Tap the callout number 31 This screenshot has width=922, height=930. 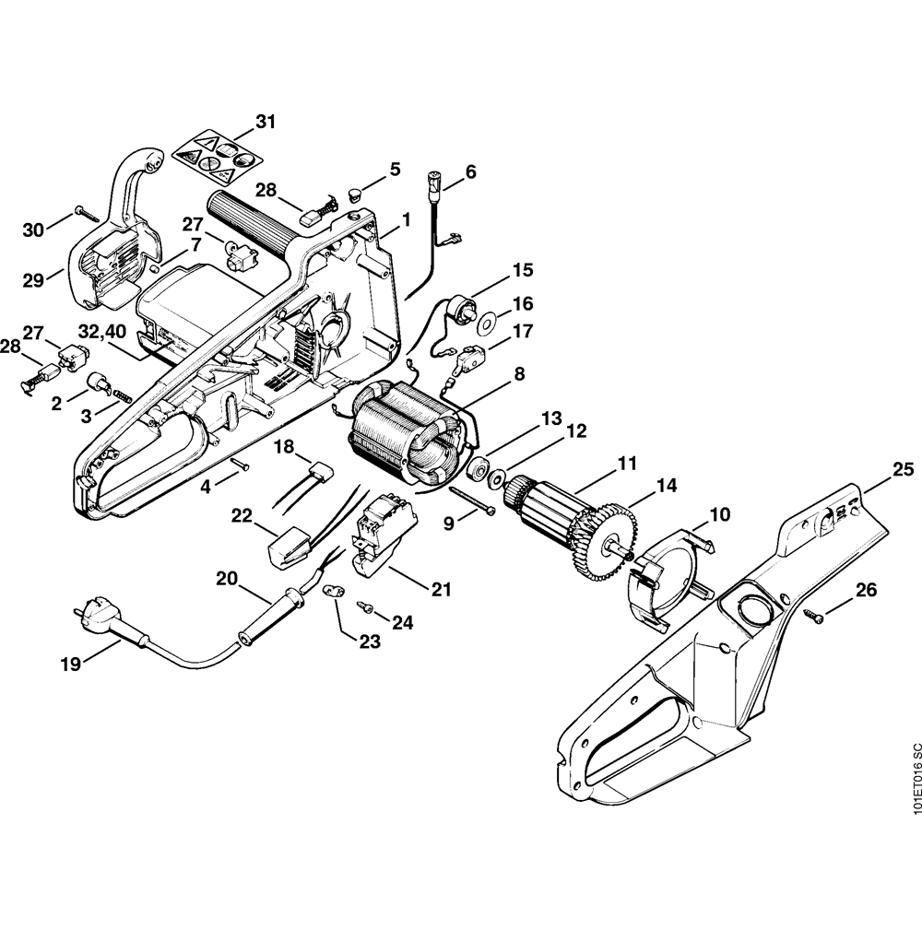(x=266, y=121)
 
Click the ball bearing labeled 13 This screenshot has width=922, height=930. (x=478, y=468)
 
